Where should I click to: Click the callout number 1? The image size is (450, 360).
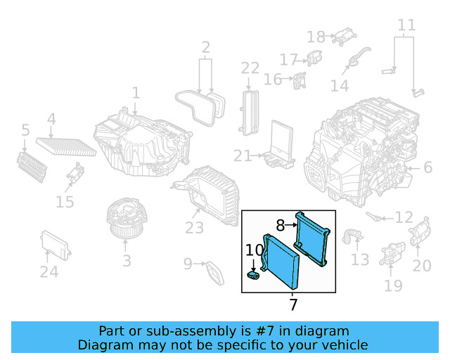click(136, 93)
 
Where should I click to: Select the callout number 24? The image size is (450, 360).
click(49, 271)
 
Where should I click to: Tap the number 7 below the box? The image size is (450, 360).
click(293, 304)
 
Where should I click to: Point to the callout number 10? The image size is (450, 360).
click(255, 249)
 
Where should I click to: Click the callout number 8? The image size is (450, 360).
click(280, 226)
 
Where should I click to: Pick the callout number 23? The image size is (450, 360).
click(194, 228)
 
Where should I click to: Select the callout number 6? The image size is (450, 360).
click(427, 167)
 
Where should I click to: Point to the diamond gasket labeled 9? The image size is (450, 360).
click(214, 272)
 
